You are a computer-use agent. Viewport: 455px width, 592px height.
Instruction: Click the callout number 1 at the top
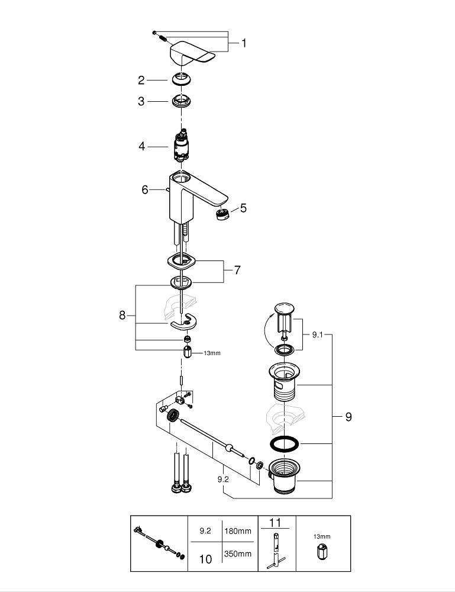coord(243,43)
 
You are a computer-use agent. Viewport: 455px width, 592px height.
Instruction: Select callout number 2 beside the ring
coord(141,80)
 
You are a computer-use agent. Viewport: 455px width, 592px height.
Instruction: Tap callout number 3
coord(141,101)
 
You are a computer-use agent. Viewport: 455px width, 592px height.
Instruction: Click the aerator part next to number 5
coord(223,214)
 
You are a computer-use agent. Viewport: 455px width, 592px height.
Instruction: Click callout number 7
coord(237,270)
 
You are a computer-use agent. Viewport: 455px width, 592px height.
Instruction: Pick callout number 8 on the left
coord(122,316)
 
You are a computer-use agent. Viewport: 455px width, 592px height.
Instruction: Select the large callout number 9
coord(348,417)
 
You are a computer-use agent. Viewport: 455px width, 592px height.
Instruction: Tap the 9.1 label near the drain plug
coord(318,334)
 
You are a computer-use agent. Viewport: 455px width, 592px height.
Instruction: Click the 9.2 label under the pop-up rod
coord(223,480)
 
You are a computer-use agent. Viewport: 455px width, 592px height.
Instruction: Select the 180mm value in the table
coord(238,531)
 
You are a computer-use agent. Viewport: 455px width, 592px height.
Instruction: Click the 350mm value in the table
coord(238,554)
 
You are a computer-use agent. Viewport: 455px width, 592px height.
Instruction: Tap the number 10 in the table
coord(205,559)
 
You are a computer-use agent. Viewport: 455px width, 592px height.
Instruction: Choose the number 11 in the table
coord(275,523)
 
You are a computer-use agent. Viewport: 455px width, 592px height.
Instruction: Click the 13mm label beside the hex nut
coord(211,353)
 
